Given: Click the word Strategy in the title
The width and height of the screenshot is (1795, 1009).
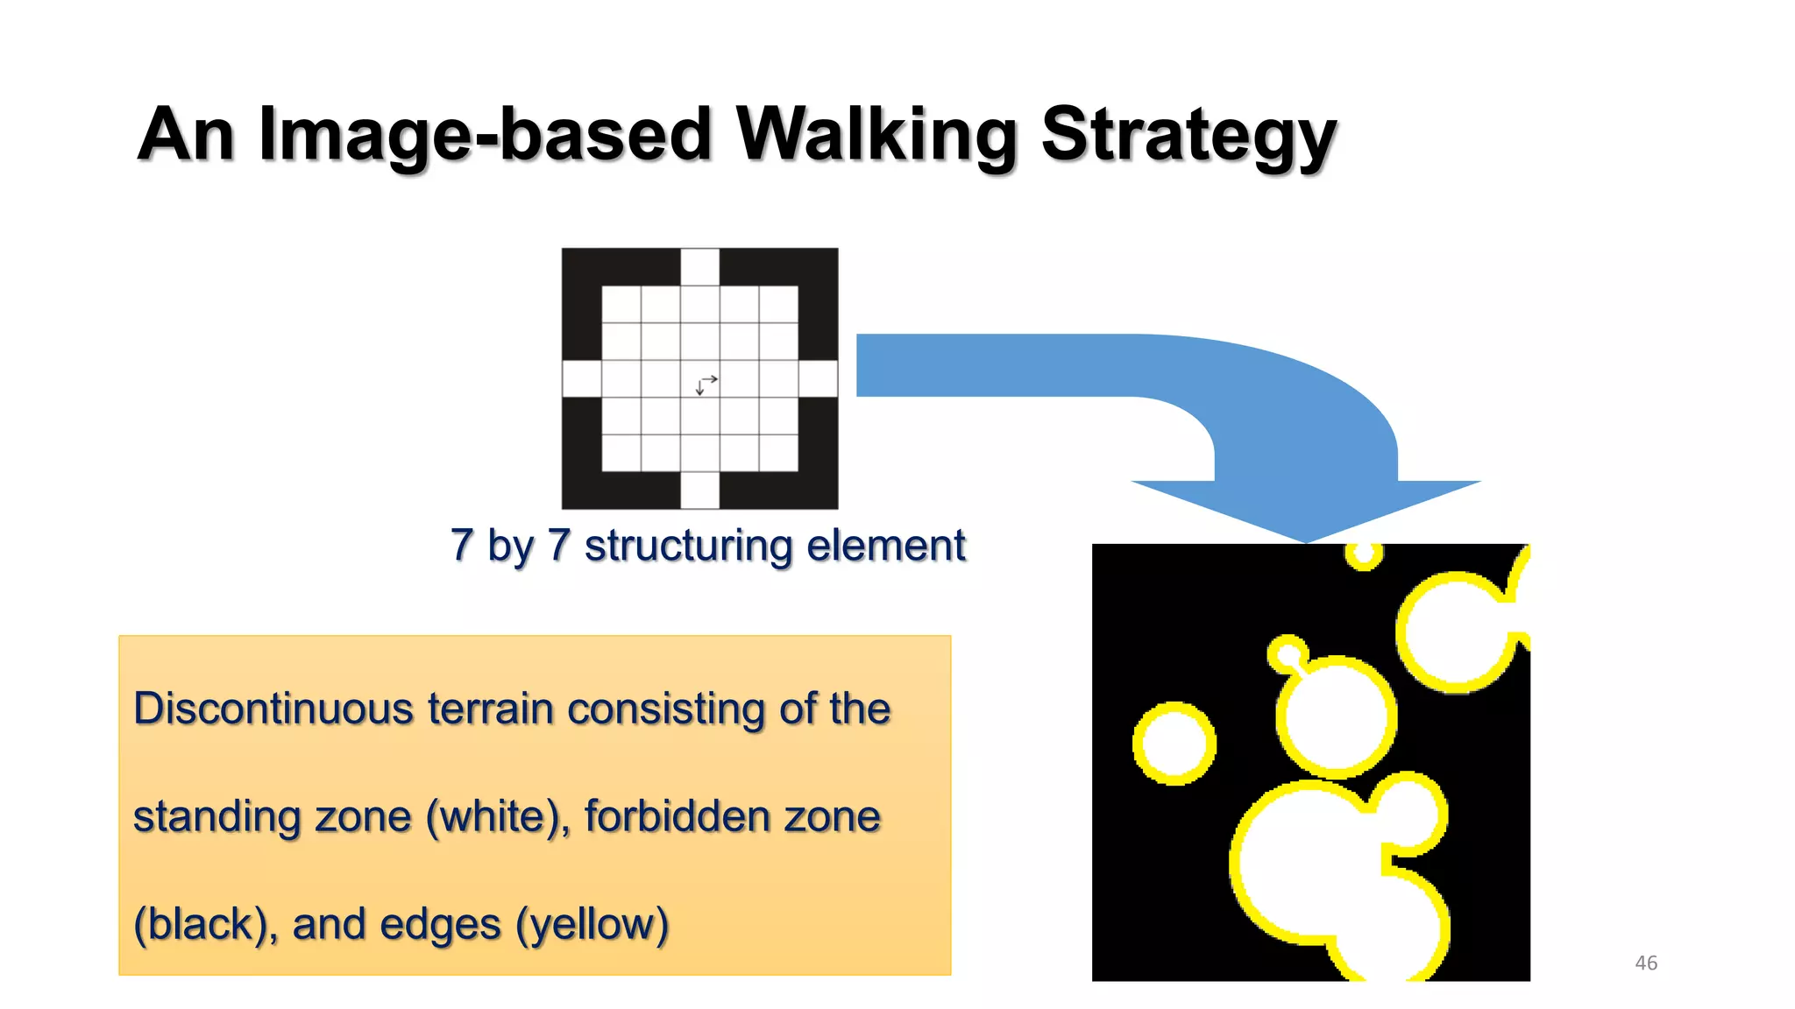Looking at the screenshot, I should [1188, 136].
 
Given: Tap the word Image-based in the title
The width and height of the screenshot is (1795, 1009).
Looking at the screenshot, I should [485, 136].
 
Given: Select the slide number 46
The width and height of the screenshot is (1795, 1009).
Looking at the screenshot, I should [1646, 963].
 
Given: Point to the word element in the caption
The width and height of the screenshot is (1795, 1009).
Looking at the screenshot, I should [886, 546].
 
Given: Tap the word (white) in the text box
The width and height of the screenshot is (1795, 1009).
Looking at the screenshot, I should [497, 817].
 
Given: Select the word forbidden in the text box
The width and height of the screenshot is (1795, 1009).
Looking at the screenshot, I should [677, 816].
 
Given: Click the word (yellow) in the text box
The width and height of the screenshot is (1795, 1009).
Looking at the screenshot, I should [592, 924].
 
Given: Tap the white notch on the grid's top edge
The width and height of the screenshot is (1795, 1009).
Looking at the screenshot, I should [700, 266].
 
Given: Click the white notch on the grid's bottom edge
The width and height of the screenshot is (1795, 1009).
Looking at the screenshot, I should [700, 490].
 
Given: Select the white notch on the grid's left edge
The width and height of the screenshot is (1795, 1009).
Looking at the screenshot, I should [581, 378].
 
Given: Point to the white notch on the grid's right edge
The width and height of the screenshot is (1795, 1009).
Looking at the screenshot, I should [818, 378].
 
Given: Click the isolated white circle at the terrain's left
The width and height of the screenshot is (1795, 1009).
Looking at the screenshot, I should [1174, 743].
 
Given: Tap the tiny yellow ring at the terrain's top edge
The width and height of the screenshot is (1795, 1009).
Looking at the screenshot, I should [1364, 555].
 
